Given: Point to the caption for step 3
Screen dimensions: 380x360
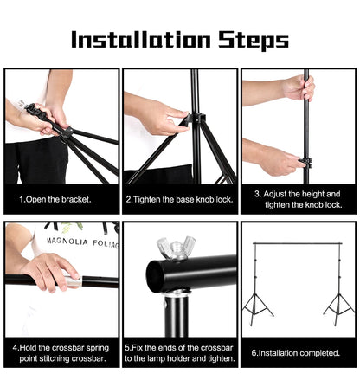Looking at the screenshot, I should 298,199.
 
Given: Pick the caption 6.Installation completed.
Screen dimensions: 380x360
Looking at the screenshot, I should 297,352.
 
